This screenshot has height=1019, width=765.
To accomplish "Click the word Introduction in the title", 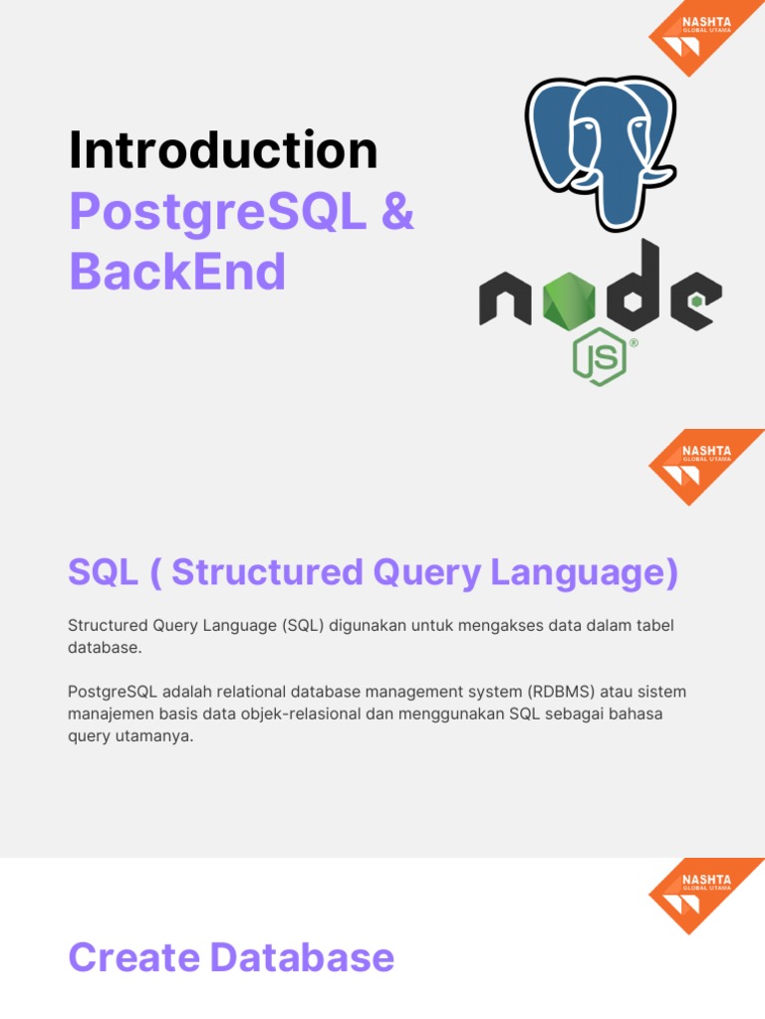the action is pos(223,150).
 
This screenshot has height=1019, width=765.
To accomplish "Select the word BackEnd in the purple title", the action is pos(177,271).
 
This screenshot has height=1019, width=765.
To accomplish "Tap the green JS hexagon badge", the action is pos(599,357).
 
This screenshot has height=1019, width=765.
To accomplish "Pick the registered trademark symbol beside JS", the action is pos(633,343).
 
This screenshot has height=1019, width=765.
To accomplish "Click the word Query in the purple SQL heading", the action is pos(426,572).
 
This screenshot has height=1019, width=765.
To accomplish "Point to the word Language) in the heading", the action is pos(584,573).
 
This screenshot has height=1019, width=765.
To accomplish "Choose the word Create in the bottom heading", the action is pos(134,957).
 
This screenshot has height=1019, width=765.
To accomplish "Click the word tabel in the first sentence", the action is pos(653,625).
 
